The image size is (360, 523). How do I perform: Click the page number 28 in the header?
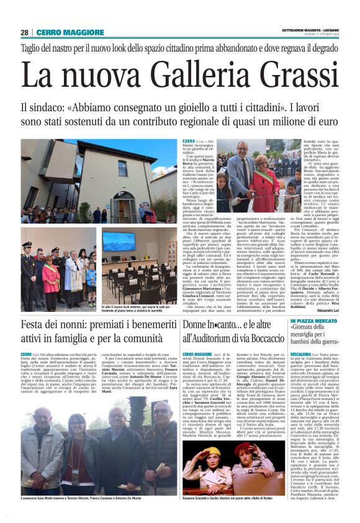point(24,32)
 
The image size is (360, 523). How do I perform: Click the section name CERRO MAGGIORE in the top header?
point(60,32)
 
